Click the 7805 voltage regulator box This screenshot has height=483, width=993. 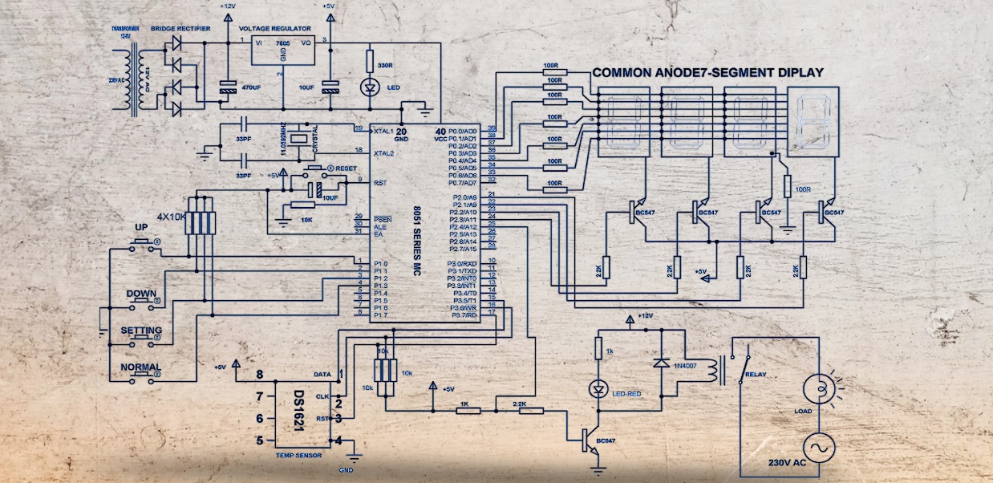point(283,52)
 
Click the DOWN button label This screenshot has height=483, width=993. point(141,294)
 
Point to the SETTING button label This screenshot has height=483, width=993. point(141,331)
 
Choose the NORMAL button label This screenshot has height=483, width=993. point(141,367)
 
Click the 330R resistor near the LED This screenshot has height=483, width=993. point(370,61)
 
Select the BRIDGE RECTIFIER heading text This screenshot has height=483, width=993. point(180,28)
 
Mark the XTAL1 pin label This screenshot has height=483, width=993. point(383,130)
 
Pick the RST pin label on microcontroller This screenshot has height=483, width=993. point(380,183)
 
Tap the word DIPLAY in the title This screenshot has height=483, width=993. point(799,72)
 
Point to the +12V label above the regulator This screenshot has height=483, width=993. point(227,6)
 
